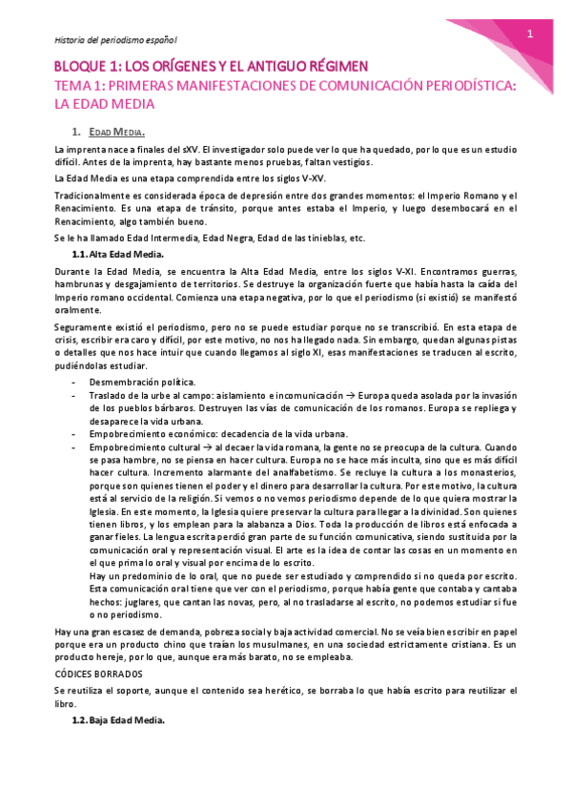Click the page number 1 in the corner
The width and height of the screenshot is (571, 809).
point(529,35)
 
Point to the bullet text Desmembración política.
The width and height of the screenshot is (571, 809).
point(149,382)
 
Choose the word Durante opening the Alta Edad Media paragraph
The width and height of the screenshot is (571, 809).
point(72,272)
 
